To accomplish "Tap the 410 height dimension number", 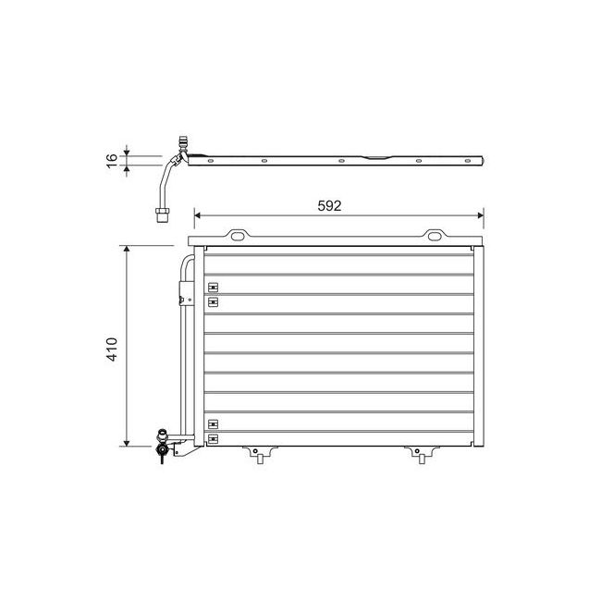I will (112, 347).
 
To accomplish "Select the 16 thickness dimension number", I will (112, 160).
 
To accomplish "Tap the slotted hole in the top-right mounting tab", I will (435, 237).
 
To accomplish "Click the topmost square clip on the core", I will (213, 286).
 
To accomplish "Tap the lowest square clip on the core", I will (213, 437).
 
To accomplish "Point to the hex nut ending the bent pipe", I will (161, 215).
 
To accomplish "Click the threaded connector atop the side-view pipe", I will (181, 145).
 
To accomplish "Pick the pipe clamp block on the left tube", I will (181, 297).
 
